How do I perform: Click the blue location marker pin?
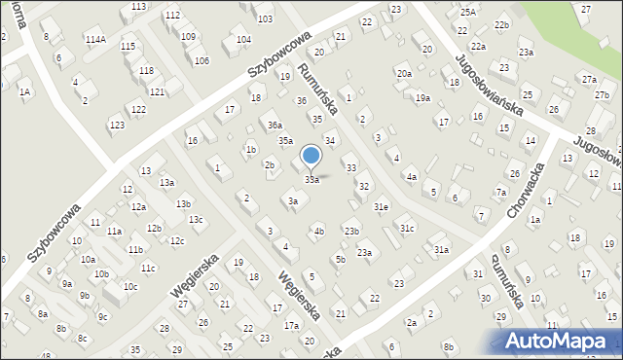(x=311, y=156)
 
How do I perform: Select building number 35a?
(x=285, y=141)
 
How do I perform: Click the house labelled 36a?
(x=275, y=125)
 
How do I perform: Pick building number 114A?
(x=94, y=39)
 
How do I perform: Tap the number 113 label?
(x=139, y=6)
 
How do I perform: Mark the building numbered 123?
(x=117, y=126)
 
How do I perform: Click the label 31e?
(x=382, y=207)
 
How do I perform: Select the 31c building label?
(x=407, y=228)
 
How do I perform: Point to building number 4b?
(x=318, y=232)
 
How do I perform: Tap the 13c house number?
(x=196, y=220)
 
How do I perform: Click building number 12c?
(x=176, y=240)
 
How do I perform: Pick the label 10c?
(x=129, y=287)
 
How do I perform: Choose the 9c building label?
(x=102, y=316)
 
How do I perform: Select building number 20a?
(x=403, y=73)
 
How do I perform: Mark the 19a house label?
(x=422, y=97)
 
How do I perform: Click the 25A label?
(x=468, y=12)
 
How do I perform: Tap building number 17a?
(x=291, y=326)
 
